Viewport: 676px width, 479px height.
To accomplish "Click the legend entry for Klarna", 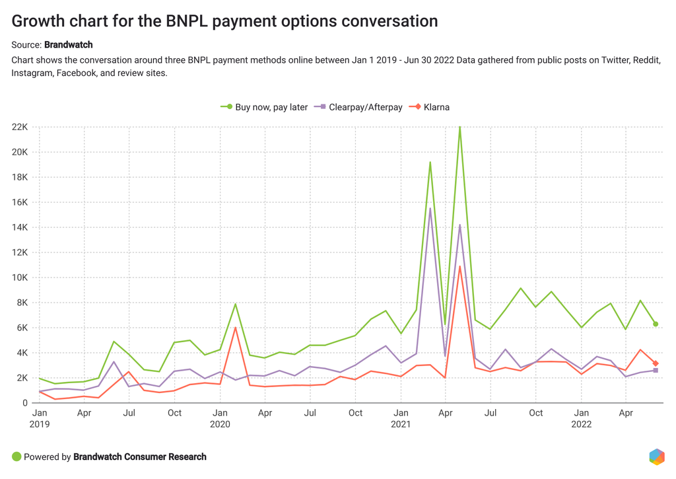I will (x=430, y=107).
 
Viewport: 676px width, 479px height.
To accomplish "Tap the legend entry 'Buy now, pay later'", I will (x=265, y=107).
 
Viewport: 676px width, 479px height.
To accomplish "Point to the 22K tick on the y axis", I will (x=19, y=127).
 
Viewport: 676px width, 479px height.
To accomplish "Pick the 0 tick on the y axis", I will (x=25, y=403).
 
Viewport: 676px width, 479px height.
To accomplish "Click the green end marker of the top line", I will (x=656, y=324).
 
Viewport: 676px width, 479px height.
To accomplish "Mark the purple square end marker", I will (x=656, y=371).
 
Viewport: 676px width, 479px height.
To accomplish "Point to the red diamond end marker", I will (x=656, y=363).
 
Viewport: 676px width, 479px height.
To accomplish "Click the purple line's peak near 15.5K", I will (x=430, y=209).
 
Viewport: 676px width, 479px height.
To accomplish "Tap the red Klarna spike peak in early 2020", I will (x=235, y=328).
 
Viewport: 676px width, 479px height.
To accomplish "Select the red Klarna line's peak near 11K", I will (x=460, y=266).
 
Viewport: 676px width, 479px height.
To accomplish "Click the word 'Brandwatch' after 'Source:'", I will (x=69, y=45).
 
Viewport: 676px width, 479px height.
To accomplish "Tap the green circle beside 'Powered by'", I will (x=17, y=457).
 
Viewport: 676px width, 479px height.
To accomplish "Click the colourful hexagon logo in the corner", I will (x=656, y=457).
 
